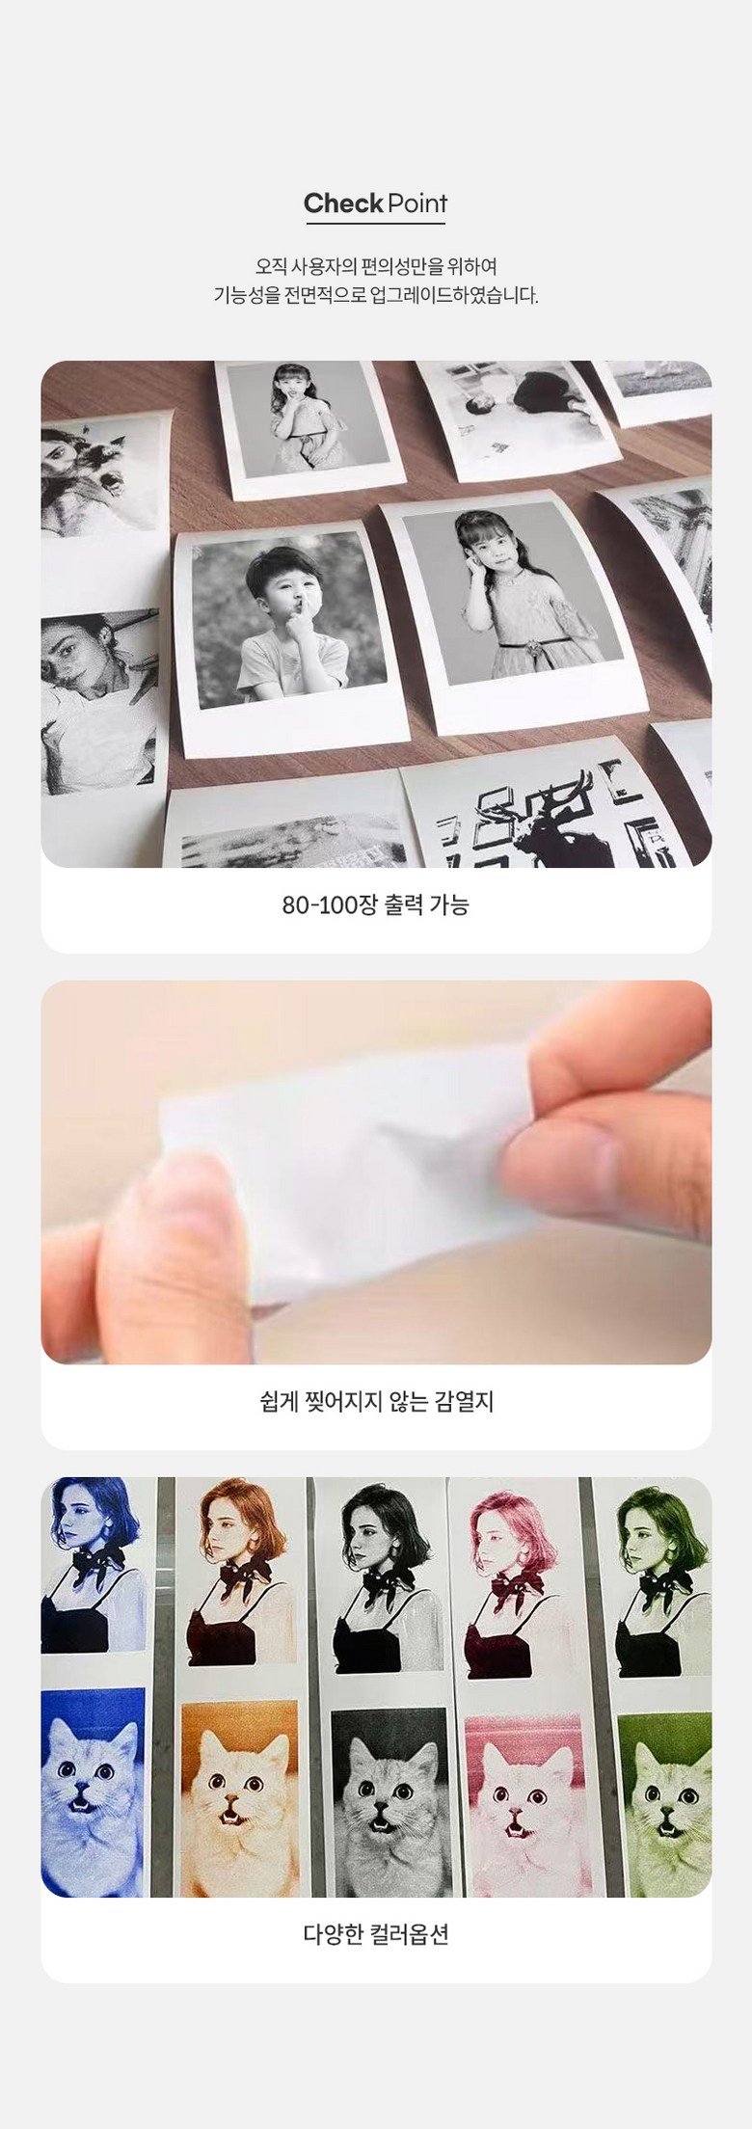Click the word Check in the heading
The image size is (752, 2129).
[x=343, y=203]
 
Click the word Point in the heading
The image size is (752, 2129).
[x=417, y=203]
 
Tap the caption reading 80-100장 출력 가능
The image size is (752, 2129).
[x=376, y=904]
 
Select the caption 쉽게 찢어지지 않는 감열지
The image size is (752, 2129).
[x=376, y=1401]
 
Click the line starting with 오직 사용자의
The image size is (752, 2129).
[x=376, y=264]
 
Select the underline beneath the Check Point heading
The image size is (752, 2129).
[x=376, y=224]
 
